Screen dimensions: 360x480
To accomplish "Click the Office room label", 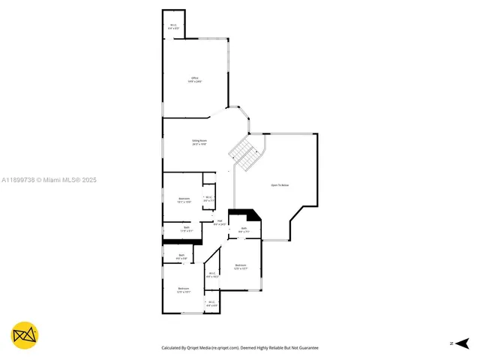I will [x=195, y=79].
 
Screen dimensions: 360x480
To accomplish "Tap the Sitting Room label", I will [x=199, y=142].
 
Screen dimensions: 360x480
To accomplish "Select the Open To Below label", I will [x=280, y=184].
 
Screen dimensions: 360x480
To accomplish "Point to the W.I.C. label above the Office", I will [x=173, y=27].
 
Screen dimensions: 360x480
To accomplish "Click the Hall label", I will [x=220, y=222].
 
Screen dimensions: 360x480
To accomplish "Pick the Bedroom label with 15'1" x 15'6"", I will [x=184, y=200].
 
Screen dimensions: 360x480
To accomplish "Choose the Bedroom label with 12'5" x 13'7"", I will [x=241, y=266].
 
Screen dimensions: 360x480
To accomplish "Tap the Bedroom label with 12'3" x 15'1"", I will [x=184, y=290].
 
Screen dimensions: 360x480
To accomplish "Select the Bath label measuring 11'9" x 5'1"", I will [x=186, y=229].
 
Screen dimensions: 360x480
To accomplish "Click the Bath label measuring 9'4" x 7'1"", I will [x=244, y=230].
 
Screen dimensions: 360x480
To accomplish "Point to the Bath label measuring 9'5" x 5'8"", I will [x=181, y=256].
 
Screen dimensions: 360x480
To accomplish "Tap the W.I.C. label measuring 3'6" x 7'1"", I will [x=209, y=199].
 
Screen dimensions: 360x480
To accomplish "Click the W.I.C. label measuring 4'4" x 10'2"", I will [x=212, y=274].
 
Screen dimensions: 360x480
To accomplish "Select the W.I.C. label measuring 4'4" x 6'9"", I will [x=211, y=304].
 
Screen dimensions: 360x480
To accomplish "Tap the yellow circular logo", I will [x=25, y=335].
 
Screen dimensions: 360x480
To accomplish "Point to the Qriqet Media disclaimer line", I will [x=240, y=348].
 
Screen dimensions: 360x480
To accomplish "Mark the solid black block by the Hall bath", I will [x=246, y=215].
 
